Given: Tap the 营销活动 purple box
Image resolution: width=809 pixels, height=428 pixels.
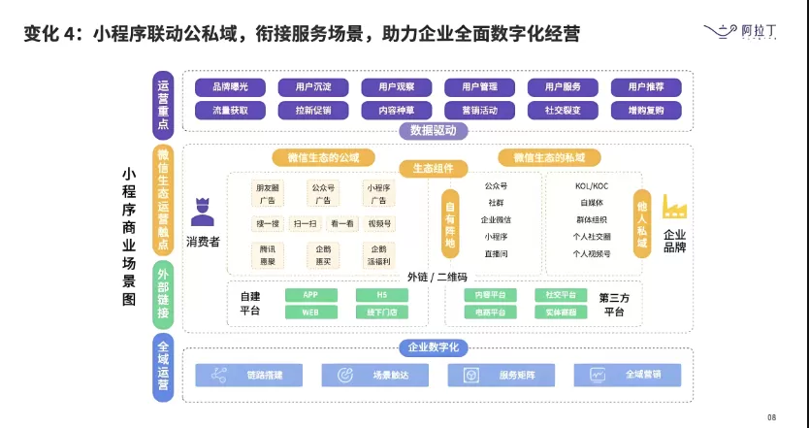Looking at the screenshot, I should coord(480,111).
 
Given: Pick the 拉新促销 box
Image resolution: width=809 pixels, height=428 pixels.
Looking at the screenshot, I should coord(313,111).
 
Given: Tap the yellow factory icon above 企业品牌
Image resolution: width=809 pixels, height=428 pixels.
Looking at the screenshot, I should coord(674,207).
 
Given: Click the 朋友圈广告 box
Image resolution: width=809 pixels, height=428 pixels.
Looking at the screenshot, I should coord(266,193).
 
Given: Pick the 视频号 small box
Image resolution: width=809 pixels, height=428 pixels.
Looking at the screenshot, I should coord(380,224).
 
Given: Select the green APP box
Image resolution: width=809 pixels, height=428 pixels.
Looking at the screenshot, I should coord(311,295).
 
